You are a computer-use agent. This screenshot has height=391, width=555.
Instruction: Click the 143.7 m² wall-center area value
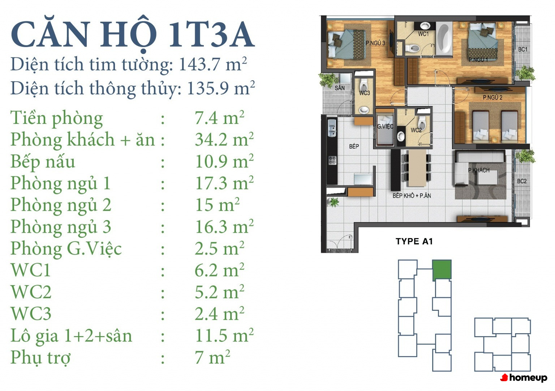pos(213,64)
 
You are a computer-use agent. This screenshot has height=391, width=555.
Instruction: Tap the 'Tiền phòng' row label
pos(56,119)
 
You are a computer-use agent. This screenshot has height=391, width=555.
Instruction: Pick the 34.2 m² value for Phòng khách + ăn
pos(224,139)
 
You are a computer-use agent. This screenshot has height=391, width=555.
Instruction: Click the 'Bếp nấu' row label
pos(43,162)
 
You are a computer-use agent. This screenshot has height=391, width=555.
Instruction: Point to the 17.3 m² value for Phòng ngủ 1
pos(224,183)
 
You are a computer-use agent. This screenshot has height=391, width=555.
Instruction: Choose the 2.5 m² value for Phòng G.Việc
pos(220,249)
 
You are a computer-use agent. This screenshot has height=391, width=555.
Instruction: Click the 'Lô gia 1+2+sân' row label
pos(71,336)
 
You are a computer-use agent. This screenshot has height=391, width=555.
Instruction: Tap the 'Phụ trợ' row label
pos(40,357)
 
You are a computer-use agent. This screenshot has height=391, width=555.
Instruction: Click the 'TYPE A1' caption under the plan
pos(414,241)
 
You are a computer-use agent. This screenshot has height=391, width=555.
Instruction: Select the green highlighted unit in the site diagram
pos(442,270)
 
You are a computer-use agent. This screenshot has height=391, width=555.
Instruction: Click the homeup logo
pos(524,378)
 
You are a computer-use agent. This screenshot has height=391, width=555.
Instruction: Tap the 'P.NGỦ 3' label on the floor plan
pos(375,43)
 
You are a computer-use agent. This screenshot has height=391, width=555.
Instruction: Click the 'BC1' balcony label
pos(523,49)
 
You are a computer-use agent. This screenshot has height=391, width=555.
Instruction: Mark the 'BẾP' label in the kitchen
pos(354,146)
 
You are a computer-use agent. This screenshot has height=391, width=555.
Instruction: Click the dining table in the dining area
pos(417,168)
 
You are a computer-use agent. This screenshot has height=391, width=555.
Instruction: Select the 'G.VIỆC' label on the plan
pos(385,126)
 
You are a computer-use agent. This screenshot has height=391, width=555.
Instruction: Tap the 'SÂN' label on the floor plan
pos(340,88)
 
